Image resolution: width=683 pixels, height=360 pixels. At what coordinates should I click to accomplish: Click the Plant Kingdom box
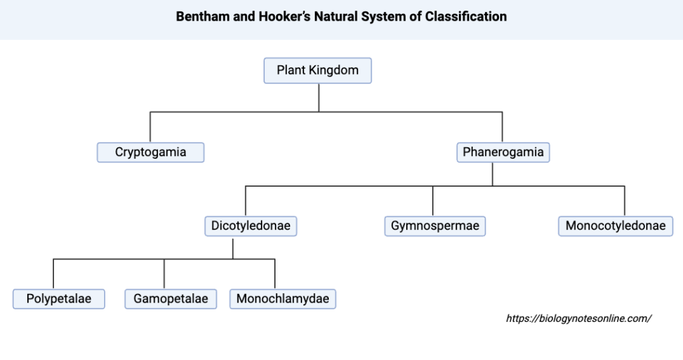(x=317, y=71)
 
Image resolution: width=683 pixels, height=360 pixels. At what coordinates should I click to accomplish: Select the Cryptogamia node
(x=150, y=153)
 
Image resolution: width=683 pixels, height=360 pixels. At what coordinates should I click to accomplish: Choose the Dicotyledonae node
(x=251, y=226)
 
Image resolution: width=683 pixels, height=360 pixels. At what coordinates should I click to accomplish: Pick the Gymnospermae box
(x=435, y=226)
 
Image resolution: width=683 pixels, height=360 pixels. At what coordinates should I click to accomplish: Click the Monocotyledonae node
(x=615, y=226)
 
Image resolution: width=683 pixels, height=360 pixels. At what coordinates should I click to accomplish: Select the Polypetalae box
(x=59, y=299)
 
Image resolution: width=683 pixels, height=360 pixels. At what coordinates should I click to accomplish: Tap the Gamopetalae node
(x=171, y=299)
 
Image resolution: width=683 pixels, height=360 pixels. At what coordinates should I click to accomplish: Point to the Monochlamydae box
(x=282, y=299)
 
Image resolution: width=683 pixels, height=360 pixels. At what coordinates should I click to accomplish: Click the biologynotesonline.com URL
(x=578, y=319)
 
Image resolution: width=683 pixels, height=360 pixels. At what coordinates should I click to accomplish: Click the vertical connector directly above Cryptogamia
(x=150, y=127)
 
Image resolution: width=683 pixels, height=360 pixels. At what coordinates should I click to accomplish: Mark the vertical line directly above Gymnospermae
(x=433, y=201)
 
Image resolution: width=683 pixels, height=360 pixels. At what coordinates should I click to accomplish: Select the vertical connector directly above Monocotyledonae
(x=624, y=201)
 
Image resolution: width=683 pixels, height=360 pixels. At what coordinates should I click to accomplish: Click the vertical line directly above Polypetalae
(x=53, y=273)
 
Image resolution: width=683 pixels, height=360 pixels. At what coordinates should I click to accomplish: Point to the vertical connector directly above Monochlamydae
(x=275, y=273)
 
